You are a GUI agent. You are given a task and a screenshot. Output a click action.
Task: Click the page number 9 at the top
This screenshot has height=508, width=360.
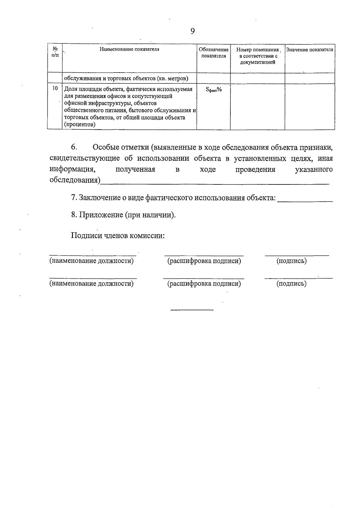193,31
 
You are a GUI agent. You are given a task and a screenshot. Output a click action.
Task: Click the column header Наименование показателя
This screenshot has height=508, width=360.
129,49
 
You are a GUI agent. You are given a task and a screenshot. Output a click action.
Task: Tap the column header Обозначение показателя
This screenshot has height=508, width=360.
214,53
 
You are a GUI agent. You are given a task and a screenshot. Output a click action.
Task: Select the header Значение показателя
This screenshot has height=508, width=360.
310,49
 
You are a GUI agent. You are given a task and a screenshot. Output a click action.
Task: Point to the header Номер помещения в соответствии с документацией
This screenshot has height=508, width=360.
257,56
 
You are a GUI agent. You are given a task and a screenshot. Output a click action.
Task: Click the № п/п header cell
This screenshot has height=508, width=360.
55,52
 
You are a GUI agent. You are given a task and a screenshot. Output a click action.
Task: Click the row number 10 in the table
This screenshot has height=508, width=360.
55,88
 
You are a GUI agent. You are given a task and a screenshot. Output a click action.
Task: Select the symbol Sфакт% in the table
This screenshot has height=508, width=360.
214,89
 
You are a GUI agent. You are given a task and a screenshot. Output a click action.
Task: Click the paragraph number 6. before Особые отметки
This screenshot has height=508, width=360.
74,147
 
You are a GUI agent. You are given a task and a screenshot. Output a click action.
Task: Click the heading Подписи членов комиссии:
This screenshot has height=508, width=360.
118,235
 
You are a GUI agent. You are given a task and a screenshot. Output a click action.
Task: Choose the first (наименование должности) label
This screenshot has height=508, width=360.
91,261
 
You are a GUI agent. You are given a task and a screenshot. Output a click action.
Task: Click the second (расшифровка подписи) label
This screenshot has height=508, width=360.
204,283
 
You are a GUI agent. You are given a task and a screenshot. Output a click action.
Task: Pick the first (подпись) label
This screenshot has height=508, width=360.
291,261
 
